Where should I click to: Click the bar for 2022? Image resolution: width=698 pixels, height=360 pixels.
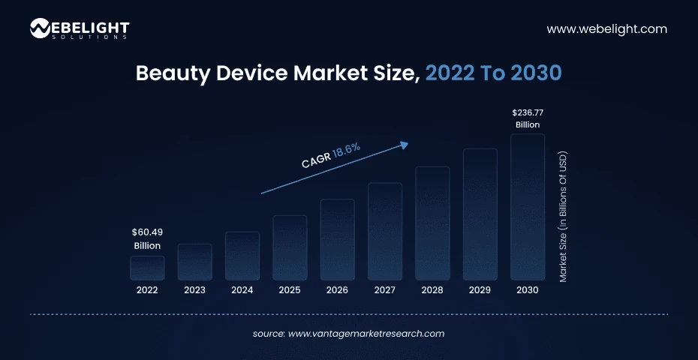tap(147, 268)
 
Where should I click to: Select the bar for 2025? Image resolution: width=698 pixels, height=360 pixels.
tap(290, 247)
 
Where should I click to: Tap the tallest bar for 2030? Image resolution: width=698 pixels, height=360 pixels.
tap(528, 207)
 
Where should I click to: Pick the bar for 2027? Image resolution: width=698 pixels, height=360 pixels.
tap(385, 231)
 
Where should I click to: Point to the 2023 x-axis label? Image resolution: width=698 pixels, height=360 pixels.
tap(194, 289)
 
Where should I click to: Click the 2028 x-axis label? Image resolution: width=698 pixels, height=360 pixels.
tap(432, 289)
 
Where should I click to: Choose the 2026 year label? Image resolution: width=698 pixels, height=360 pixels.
tap(337, 289)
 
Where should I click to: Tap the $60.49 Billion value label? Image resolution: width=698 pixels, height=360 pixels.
tap(147, 238)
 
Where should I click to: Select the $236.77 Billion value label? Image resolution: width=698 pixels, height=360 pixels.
tap(528, 118)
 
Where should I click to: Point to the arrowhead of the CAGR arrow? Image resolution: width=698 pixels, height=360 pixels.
tap(406, 143)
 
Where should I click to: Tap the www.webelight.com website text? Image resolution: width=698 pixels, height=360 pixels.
tap(606, 29)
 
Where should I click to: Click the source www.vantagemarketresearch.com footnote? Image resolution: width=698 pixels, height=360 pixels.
tap(348, 334)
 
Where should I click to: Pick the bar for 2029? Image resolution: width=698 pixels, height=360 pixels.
tap(480, 214)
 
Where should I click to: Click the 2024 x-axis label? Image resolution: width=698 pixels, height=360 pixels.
tap(242, 289)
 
